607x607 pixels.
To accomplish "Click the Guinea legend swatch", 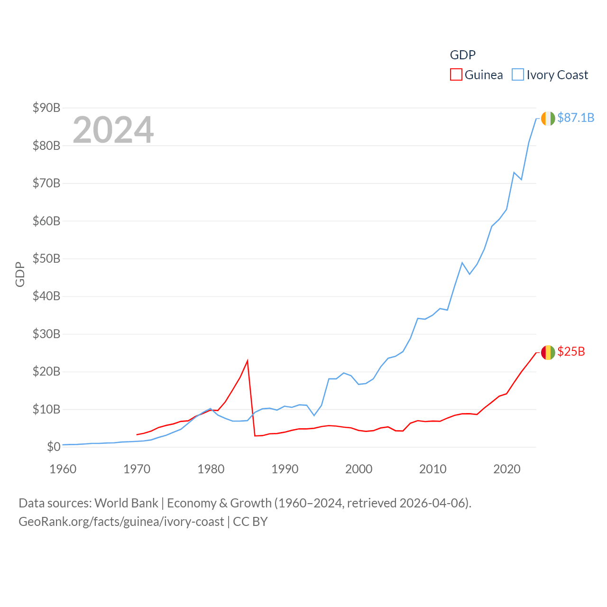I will click(456, 75).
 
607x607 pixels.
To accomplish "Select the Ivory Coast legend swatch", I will click(518, 75).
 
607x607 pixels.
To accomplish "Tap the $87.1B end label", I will click(576, 118).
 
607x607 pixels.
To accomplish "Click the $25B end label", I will click(571, 351).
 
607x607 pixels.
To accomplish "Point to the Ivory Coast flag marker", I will click(548, 118).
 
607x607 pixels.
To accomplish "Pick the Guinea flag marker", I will click(548, 352).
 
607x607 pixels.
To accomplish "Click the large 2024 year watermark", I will click(113, 129).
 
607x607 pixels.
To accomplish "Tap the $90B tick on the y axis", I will click(46, 108).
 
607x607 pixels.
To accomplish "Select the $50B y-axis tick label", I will click(46, 258).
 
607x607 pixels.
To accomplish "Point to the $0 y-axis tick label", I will click(54, 447).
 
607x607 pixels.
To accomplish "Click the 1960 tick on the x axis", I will click(63, 469).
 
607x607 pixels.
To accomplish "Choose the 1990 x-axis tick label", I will click(285, 469).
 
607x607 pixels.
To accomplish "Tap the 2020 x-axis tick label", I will click(507, 469).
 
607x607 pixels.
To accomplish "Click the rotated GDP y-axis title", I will click(20, 274).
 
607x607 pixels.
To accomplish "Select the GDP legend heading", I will click(462, 55).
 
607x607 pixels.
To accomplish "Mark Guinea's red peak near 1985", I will click(248, 361).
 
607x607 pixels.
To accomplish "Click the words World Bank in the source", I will click(126, 503).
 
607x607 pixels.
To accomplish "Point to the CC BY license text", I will click(250, 522).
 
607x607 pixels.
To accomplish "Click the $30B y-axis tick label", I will click(46, 334).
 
